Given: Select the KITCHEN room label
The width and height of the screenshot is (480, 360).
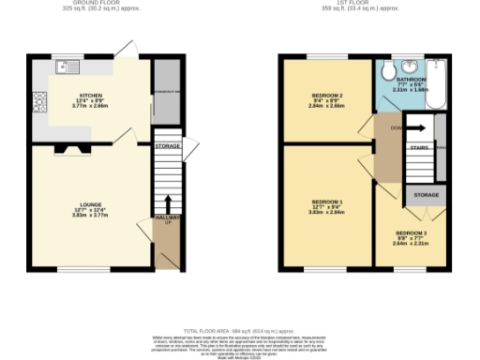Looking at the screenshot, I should pos(91,96).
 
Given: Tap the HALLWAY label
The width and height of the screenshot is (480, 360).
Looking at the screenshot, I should pos(168,217).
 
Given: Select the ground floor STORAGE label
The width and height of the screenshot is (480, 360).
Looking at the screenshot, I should pos(168,146).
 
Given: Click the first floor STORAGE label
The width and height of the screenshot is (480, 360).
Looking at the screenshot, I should pos(427,196).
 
